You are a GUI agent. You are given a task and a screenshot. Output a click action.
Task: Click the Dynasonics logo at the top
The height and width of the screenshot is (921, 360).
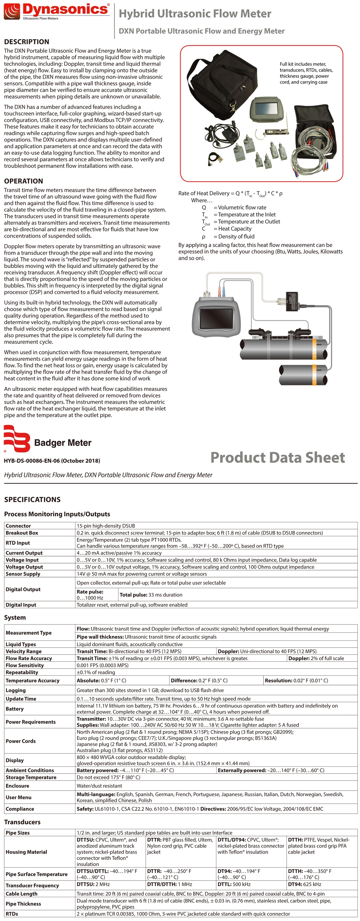(x=56, y=11)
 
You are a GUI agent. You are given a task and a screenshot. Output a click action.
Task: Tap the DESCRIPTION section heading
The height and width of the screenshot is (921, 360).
(x=27, y=42)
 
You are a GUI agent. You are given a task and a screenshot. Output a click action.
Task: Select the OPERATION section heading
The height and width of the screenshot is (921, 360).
(x=23, y=181)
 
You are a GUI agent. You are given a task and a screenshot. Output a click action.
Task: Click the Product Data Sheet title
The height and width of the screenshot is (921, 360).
(x=277, y=457)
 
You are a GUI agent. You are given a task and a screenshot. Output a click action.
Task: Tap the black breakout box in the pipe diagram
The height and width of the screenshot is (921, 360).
(x=292, y=301)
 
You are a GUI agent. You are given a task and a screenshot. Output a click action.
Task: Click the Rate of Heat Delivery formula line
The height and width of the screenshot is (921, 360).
(x=230, y=194)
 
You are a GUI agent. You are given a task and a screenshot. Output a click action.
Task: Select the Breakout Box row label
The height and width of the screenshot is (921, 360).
(x=22, y=533)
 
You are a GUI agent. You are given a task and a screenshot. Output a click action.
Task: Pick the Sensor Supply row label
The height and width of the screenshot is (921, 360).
(x=23, y=574)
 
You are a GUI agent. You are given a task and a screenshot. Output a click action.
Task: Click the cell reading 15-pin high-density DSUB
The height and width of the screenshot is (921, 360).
(x=106, y=526)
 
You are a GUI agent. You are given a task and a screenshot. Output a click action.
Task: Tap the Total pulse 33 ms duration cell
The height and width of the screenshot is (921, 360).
(x=151, y=594)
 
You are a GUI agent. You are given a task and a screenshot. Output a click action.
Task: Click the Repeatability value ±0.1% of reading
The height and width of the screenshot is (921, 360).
(x=96, y=672)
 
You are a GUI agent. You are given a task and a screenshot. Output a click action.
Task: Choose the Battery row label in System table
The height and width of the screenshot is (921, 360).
(x=14, y=709)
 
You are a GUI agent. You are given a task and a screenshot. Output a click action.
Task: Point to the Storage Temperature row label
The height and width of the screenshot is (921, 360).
(x=31, y=777)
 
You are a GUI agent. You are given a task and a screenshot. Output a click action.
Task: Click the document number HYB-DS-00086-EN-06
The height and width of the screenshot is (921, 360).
(x=52, y=461)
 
